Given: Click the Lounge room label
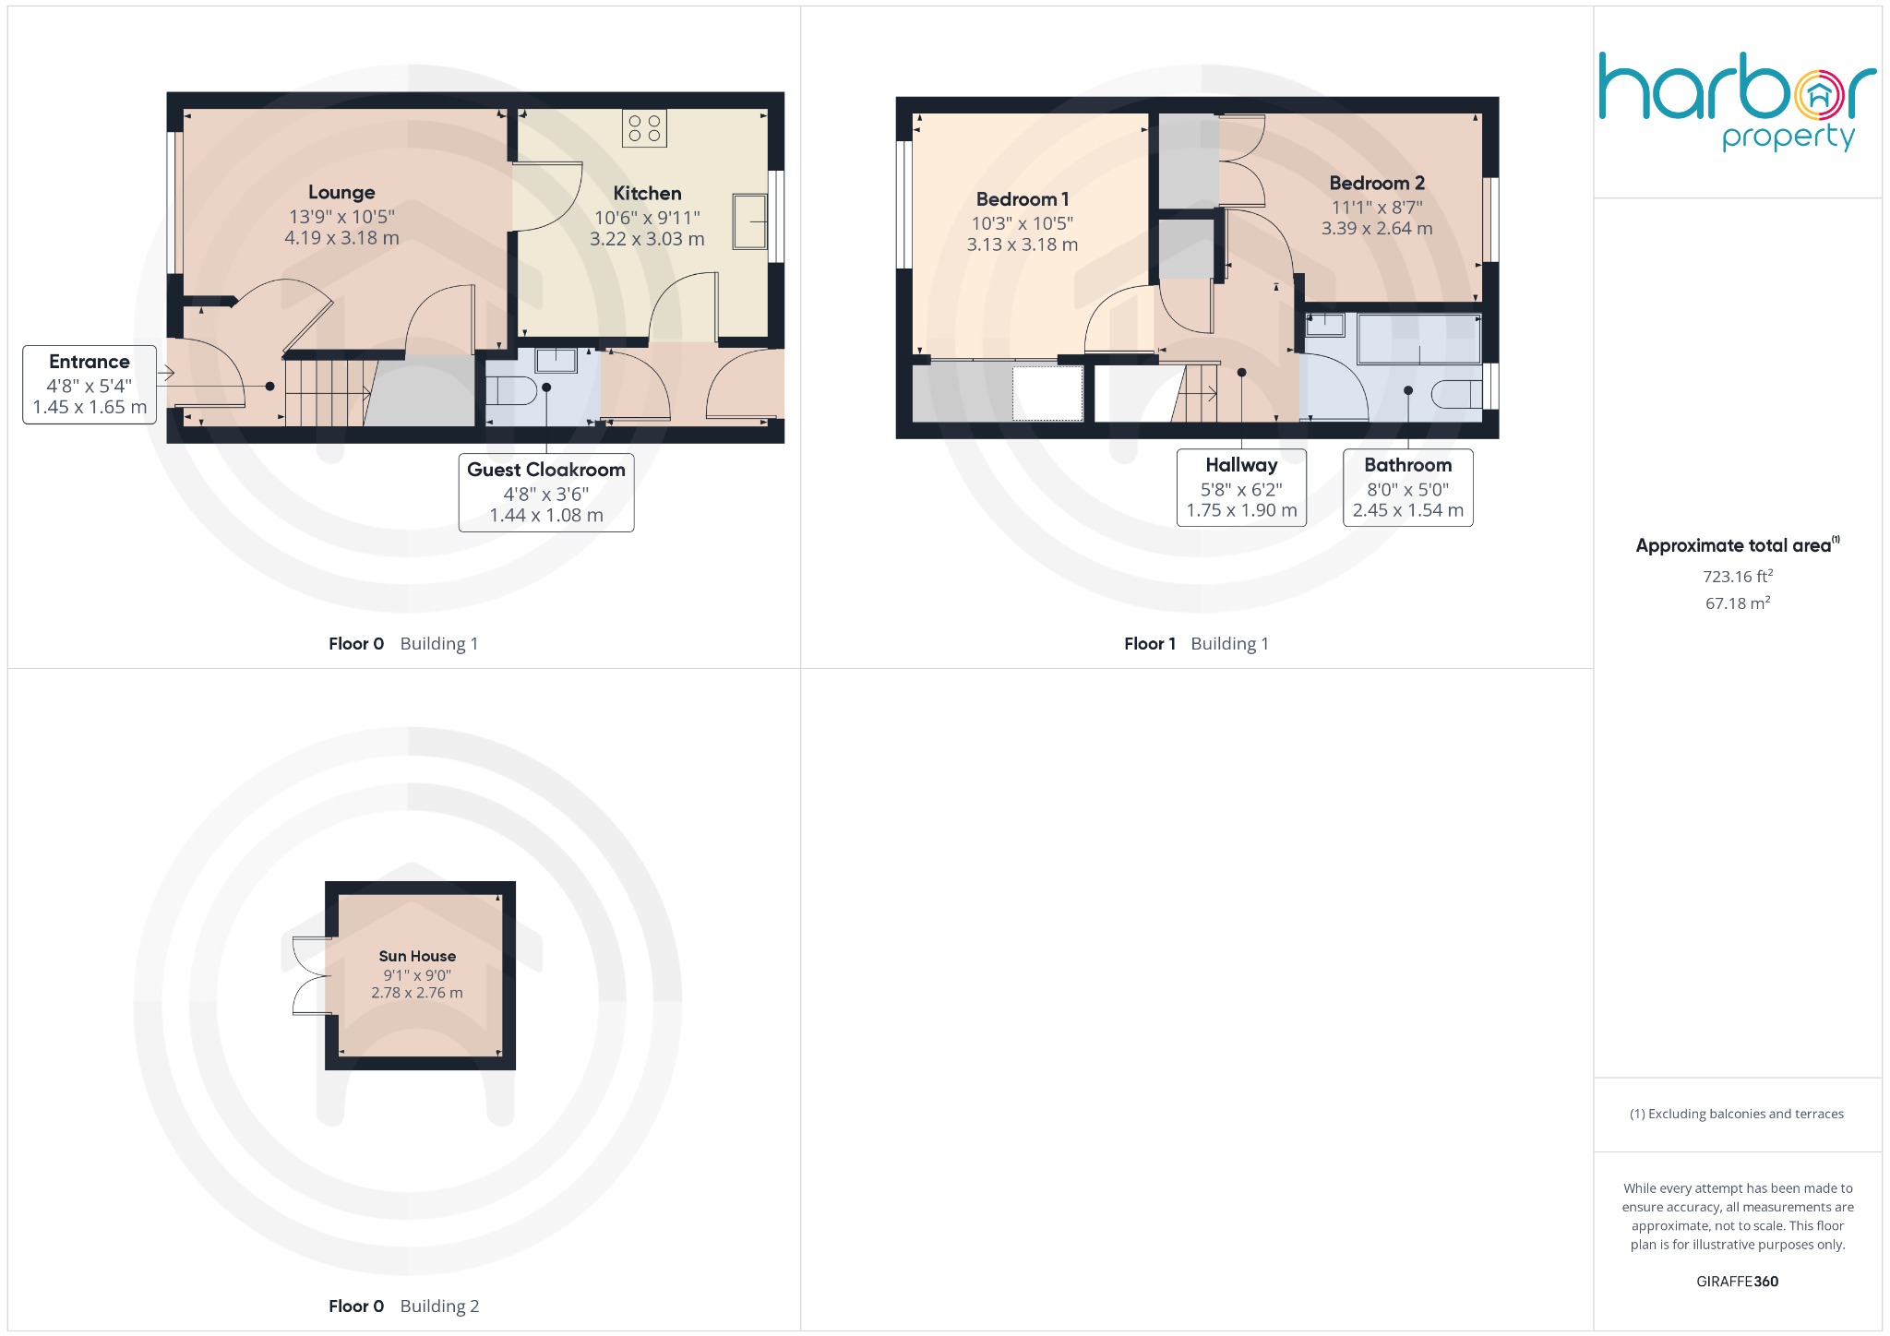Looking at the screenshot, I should (x=341, y=192).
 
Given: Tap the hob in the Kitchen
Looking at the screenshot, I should (x=644, y=128).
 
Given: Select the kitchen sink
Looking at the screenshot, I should (x=749, y=221).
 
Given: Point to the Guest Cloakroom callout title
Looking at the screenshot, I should (x=546, y=470).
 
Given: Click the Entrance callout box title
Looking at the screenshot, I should (x=90, y=362).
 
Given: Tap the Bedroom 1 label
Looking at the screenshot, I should (x=1022, y=199).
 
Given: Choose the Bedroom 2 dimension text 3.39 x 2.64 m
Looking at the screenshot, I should (x=1377, y=229).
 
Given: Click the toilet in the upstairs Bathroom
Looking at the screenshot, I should (x=1456, y=394).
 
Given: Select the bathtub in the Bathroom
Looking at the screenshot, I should (x=1419, y=339).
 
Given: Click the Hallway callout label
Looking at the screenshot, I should (x=1241, y=465).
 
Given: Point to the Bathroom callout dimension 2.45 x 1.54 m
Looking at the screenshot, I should (x=1407, y=510).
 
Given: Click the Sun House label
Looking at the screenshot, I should (x=417, y=956).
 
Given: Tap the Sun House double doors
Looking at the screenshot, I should (x=310, y=976).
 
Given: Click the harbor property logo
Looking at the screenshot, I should (x=1737, y=101).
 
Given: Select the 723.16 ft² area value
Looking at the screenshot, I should (x=1738, y=577).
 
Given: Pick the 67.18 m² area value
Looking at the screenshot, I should (x=1738, y=603).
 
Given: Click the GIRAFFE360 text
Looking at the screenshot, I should (x=1737, y=1282).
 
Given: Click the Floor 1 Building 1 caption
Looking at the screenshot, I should (x=1196, y=644).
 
